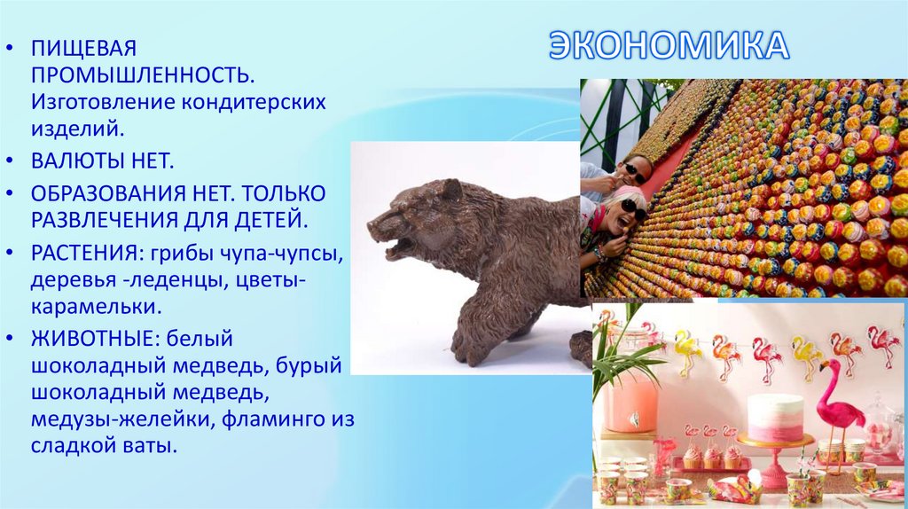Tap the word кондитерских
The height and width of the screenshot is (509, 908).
tap(256, 102)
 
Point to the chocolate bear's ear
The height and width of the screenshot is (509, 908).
tap(450, 189)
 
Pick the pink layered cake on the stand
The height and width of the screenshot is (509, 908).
tap(775, 417)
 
